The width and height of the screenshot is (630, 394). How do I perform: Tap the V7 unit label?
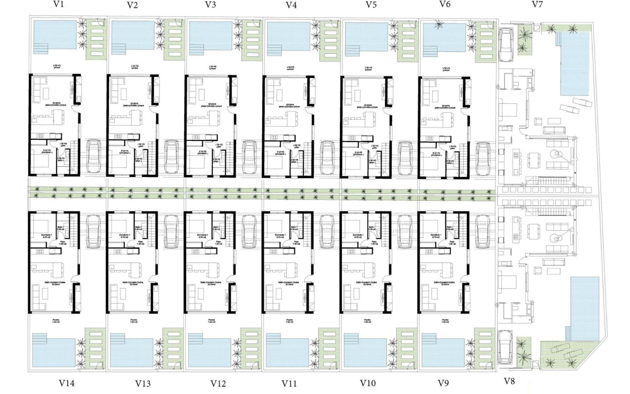pyautogui.click(x=537, y=5)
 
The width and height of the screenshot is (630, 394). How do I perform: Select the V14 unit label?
pyautogui.click(x=67, y=383)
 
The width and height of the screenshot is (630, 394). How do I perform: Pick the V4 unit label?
pyautogui.click(x=291, y=5)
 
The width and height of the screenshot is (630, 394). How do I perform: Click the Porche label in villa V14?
pyautogui.click(x=56, y=320)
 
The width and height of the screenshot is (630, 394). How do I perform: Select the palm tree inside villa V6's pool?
pyautogui.click(x=437, y=27)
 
